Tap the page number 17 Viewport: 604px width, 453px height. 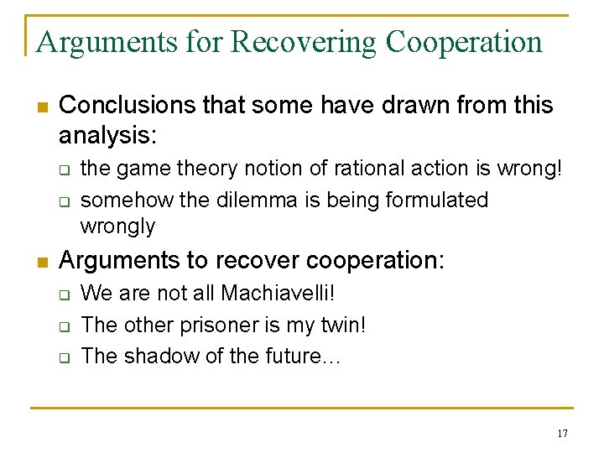[561, 434]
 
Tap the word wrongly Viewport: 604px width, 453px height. [117, 226]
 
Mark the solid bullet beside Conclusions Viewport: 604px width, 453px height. [40, 107]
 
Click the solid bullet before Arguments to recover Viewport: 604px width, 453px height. [40, 262]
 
